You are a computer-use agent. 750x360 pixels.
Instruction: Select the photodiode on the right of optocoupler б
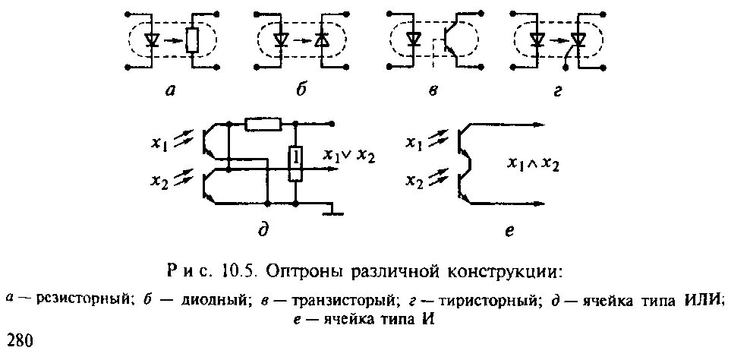(x=323, y=40)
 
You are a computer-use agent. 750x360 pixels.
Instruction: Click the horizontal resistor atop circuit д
(x=263, y=124)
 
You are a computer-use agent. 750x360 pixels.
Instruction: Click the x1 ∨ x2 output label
(x=349, y=156)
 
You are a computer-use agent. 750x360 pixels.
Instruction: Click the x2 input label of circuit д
(x=162, y=182)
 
